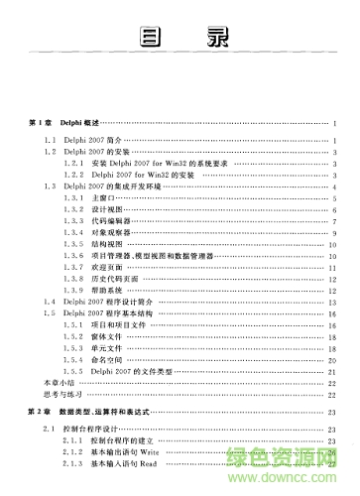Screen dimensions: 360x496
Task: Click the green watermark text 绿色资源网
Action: click(x=308, y=462)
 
